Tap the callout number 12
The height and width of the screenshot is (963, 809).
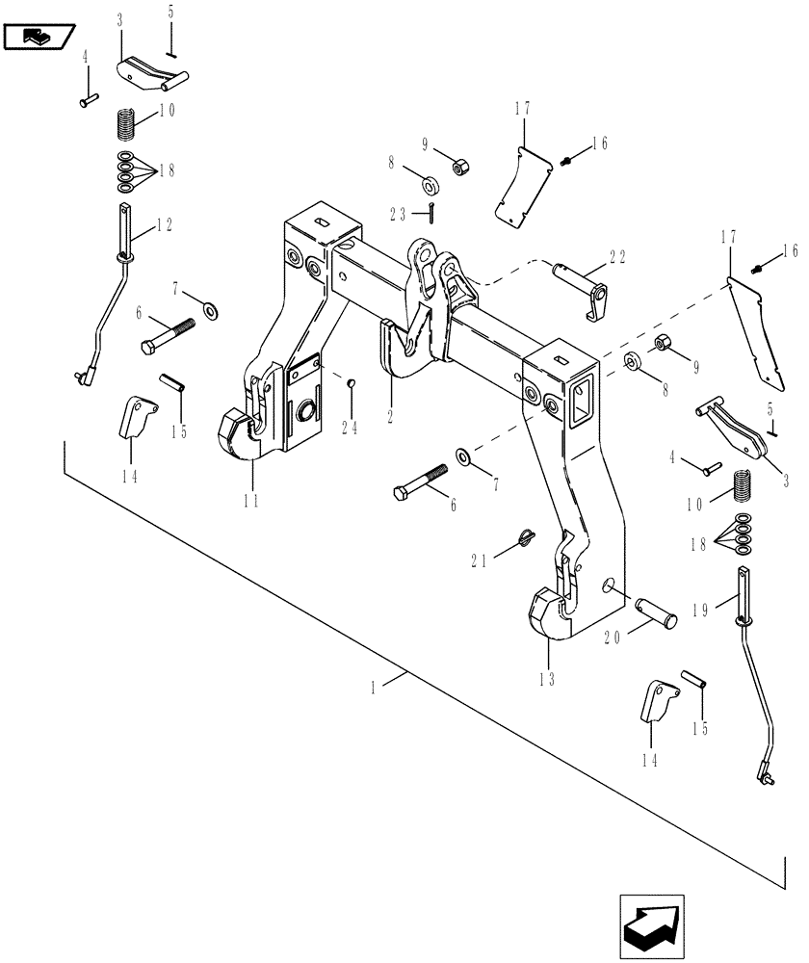[165, 224]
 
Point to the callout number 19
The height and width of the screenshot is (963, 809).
[699, 610]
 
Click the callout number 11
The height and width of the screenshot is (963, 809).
[250, 499]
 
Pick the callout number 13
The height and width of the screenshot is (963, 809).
[549, 677]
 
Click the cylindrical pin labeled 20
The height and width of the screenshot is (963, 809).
[655, 612]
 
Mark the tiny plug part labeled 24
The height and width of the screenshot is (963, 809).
[352, 385]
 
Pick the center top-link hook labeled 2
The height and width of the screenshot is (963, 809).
[404, 347]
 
